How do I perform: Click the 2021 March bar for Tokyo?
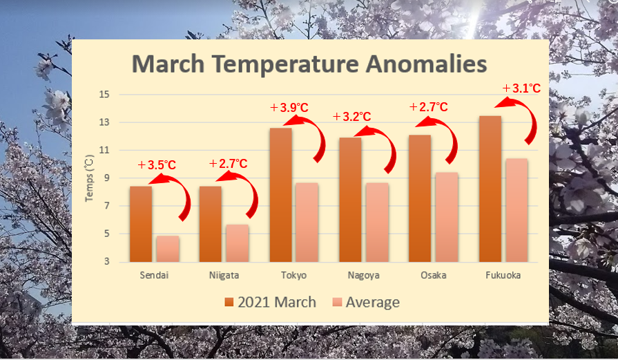280,195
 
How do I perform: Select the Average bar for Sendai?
168,249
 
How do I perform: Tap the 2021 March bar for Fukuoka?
490,189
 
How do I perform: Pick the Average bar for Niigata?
238,243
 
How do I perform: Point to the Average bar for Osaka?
447,217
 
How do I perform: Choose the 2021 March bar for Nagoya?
350,200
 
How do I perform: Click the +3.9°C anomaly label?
289,107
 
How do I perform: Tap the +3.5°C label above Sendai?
157,165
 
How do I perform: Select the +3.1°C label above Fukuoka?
521,88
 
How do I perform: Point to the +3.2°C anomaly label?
352,117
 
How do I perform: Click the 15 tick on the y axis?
104,95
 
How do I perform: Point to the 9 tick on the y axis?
106,178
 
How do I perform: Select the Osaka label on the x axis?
433,275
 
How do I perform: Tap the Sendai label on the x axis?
154,275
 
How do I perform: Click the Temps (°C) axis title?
90,178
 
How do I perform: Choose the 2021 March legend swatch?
229,303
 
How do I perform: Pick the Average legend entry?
366,303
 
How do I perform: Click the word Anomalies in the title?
427,64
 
